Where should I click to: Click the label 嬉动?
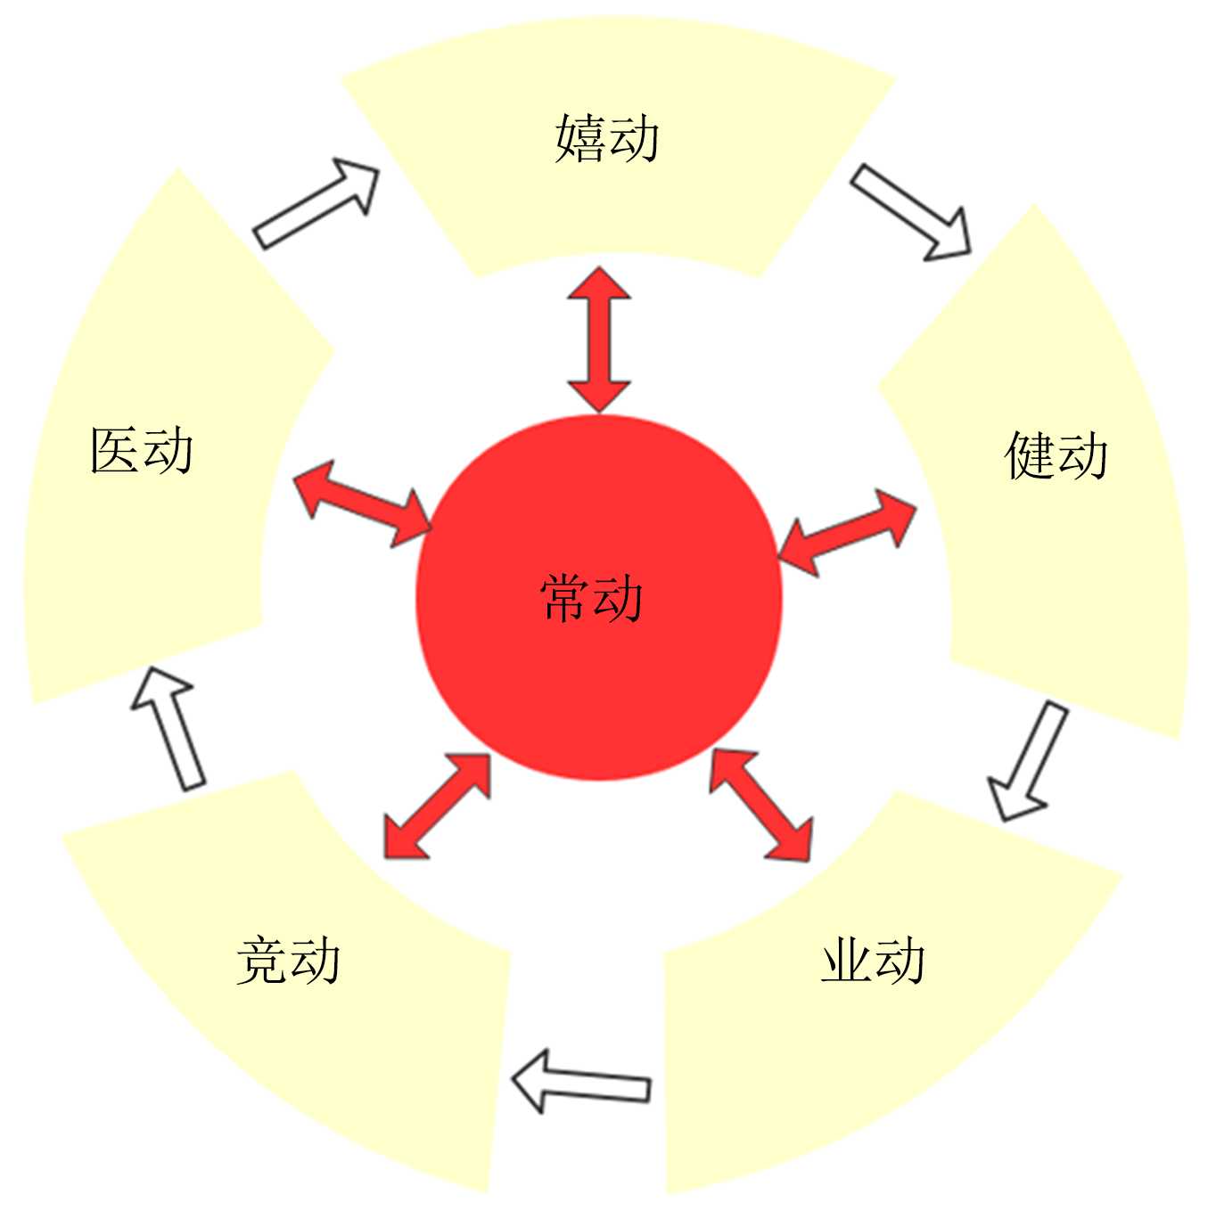(607, 139)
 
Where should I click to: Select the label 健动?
(1056, 455)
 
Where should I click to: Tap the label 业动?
(873, 961)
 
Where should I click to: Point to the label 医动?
(142, 450)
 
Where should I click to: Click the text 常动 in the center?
(592, 597)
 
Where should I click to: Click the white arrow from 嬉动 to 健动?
(910, 212)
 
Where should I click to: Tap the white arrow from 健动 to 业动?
(1028, 760)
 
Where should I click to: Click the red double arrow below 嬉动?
(599, 340)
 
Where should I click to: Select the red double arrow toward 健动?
(847, 532)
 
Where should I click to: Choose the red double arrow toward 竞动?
(437, 806)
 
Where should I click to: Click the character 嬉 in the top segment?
(580, 139)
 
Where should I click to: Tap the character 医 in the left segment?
(115, 450)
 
